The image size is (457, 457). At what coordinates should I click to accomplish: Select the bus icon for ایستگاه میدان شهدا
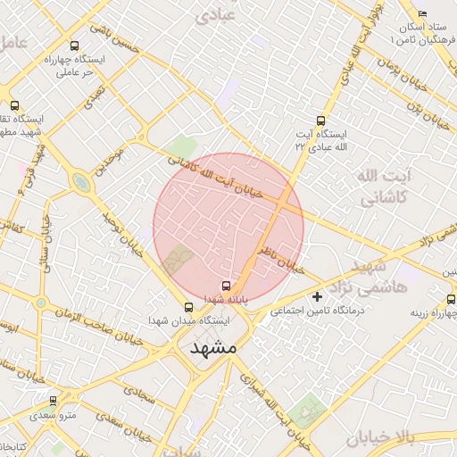point(187,307)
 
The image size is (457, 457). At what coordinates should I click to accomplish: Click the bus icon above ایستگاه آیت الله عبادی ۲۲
point(320,120)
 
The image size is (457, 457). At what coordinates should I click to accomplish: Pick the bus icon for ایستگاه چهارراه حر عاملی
point(74,46)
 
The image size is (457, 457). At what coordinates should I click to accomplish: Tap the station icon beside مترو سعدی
point(54,401)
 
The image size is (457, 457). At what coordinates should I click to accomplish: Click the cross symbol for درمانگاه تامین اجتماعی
point(317,296)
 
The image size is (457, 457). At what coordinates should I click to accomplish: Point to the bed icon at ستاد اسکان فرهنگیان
point(422,13)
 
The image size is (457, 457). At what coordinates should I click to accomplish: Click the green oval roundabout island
point(81,184)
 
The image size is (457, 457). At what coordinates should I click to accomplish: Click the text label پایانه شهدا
point(219,299)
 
